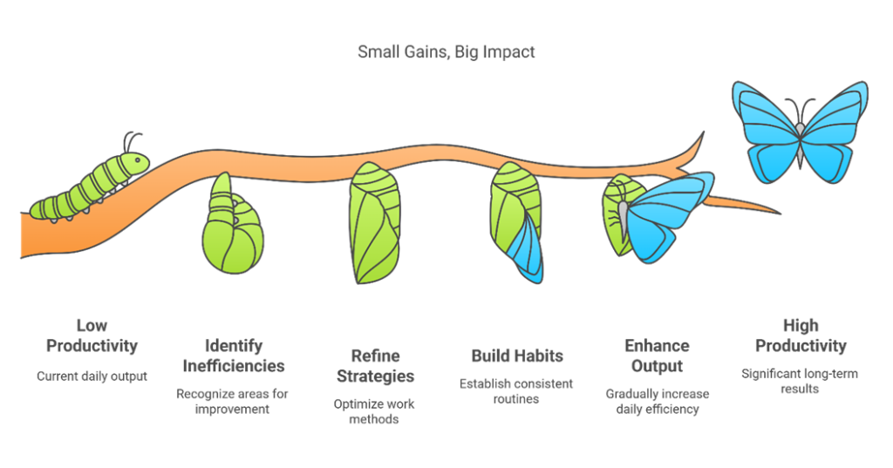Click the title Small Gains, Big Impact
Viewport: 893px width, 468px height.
[446, 51]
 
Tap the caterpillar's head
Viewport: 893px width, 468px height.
[137, 162]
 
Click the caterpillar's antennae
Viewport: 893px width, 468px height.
[133, 142]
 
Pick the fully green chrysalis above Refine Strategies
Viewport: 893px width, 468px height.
[375, 223]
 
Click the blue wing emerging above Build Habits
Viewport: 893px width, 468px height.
[527, 248]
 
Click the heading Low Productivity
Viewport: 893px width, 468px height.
[92, 336]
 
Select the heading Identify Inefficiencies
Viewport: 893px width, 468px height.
[234, 356]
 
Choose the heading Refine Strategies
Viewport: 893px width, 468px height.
[375, 366]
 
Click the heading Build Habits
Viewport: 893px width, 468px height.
[517, 356]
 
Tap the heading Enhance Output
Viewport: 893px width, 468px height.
[658, 356]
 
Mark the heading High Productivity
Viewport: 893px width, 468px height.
[801, 336]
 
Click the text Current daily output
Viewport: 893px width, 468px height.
[92, 376]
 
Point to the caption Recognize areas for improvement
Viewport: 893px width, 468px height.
[232, 402]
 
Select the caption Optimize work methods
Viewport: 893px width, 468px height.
[374, 411]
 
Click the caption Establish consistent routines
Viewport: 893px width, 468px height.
[516, 391]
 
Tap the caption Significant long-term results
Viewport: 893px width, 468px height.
[800, 382]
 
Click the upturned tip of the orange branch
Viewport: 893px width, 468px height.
[702, 134]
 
